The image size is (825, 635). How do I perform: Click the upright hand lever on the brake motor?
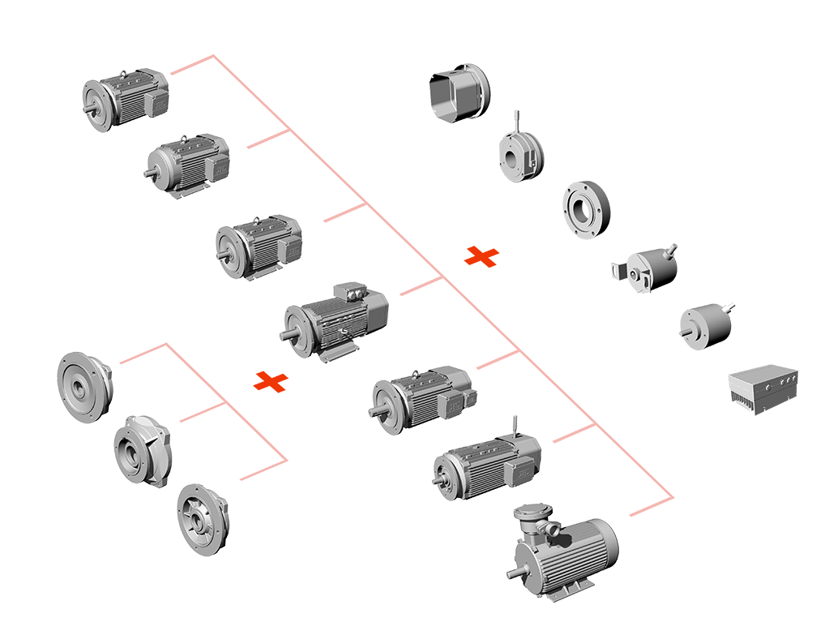tap(515, 427)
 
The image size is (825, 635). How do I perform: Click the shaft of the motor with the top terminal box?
tap(286, 334)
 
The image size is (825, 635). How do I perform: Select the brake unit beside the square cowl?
tap(519, 156)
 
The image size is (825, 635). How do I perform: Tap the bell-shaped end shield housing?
tap(141, 449)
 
